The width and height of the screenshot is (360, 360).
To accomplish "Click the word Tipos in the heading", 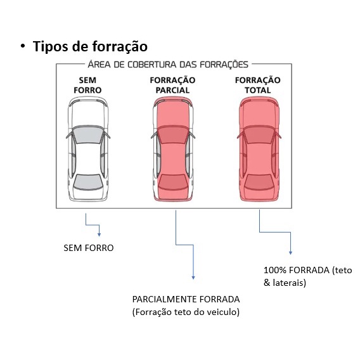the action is coord(51,46).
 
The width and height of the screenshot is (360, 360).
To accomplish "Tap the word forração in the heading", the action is coord(120,46).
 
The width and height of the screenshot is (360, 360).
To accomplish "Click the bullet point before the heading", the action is coord(23,46).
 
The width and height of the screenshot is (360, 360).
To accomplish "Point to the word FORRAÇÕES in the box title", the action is coord(224,64).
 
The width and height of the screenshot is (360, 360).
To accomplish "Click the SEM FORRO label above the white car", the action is coord(87,85).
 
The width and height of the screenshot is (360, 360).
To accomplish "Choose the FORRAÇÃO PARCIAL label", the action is coord(172,85).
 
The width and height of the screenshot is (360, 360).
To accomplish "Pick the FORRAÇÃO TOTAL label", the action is coord(257,85).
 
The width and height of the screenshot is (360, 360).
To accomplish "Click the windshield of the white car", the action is coord(87,134).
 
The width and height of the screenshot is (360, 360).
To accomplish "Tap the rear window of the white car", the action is coord(87,182).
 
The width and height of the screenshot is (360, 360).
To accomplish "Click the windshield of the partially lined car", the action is coord(172,134).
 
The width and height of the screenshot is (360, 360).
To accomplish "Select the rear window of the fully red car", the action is coord(259,182).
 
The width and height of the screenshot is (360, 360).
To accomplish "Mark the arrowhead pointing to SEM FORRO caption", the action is coord(99,235).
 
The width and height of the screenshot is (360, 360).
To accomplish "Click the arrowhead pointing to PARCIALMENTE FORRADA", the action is coord(193,278).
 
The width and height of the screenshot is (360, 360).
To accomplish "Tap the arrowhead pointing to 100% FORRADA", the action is coord(290,253).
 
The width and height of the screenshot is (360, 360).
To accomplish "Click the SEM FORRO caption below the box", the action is coord(89,248).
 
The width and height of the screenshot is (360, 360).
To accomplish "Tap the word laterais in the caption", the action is coord(290,283).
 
